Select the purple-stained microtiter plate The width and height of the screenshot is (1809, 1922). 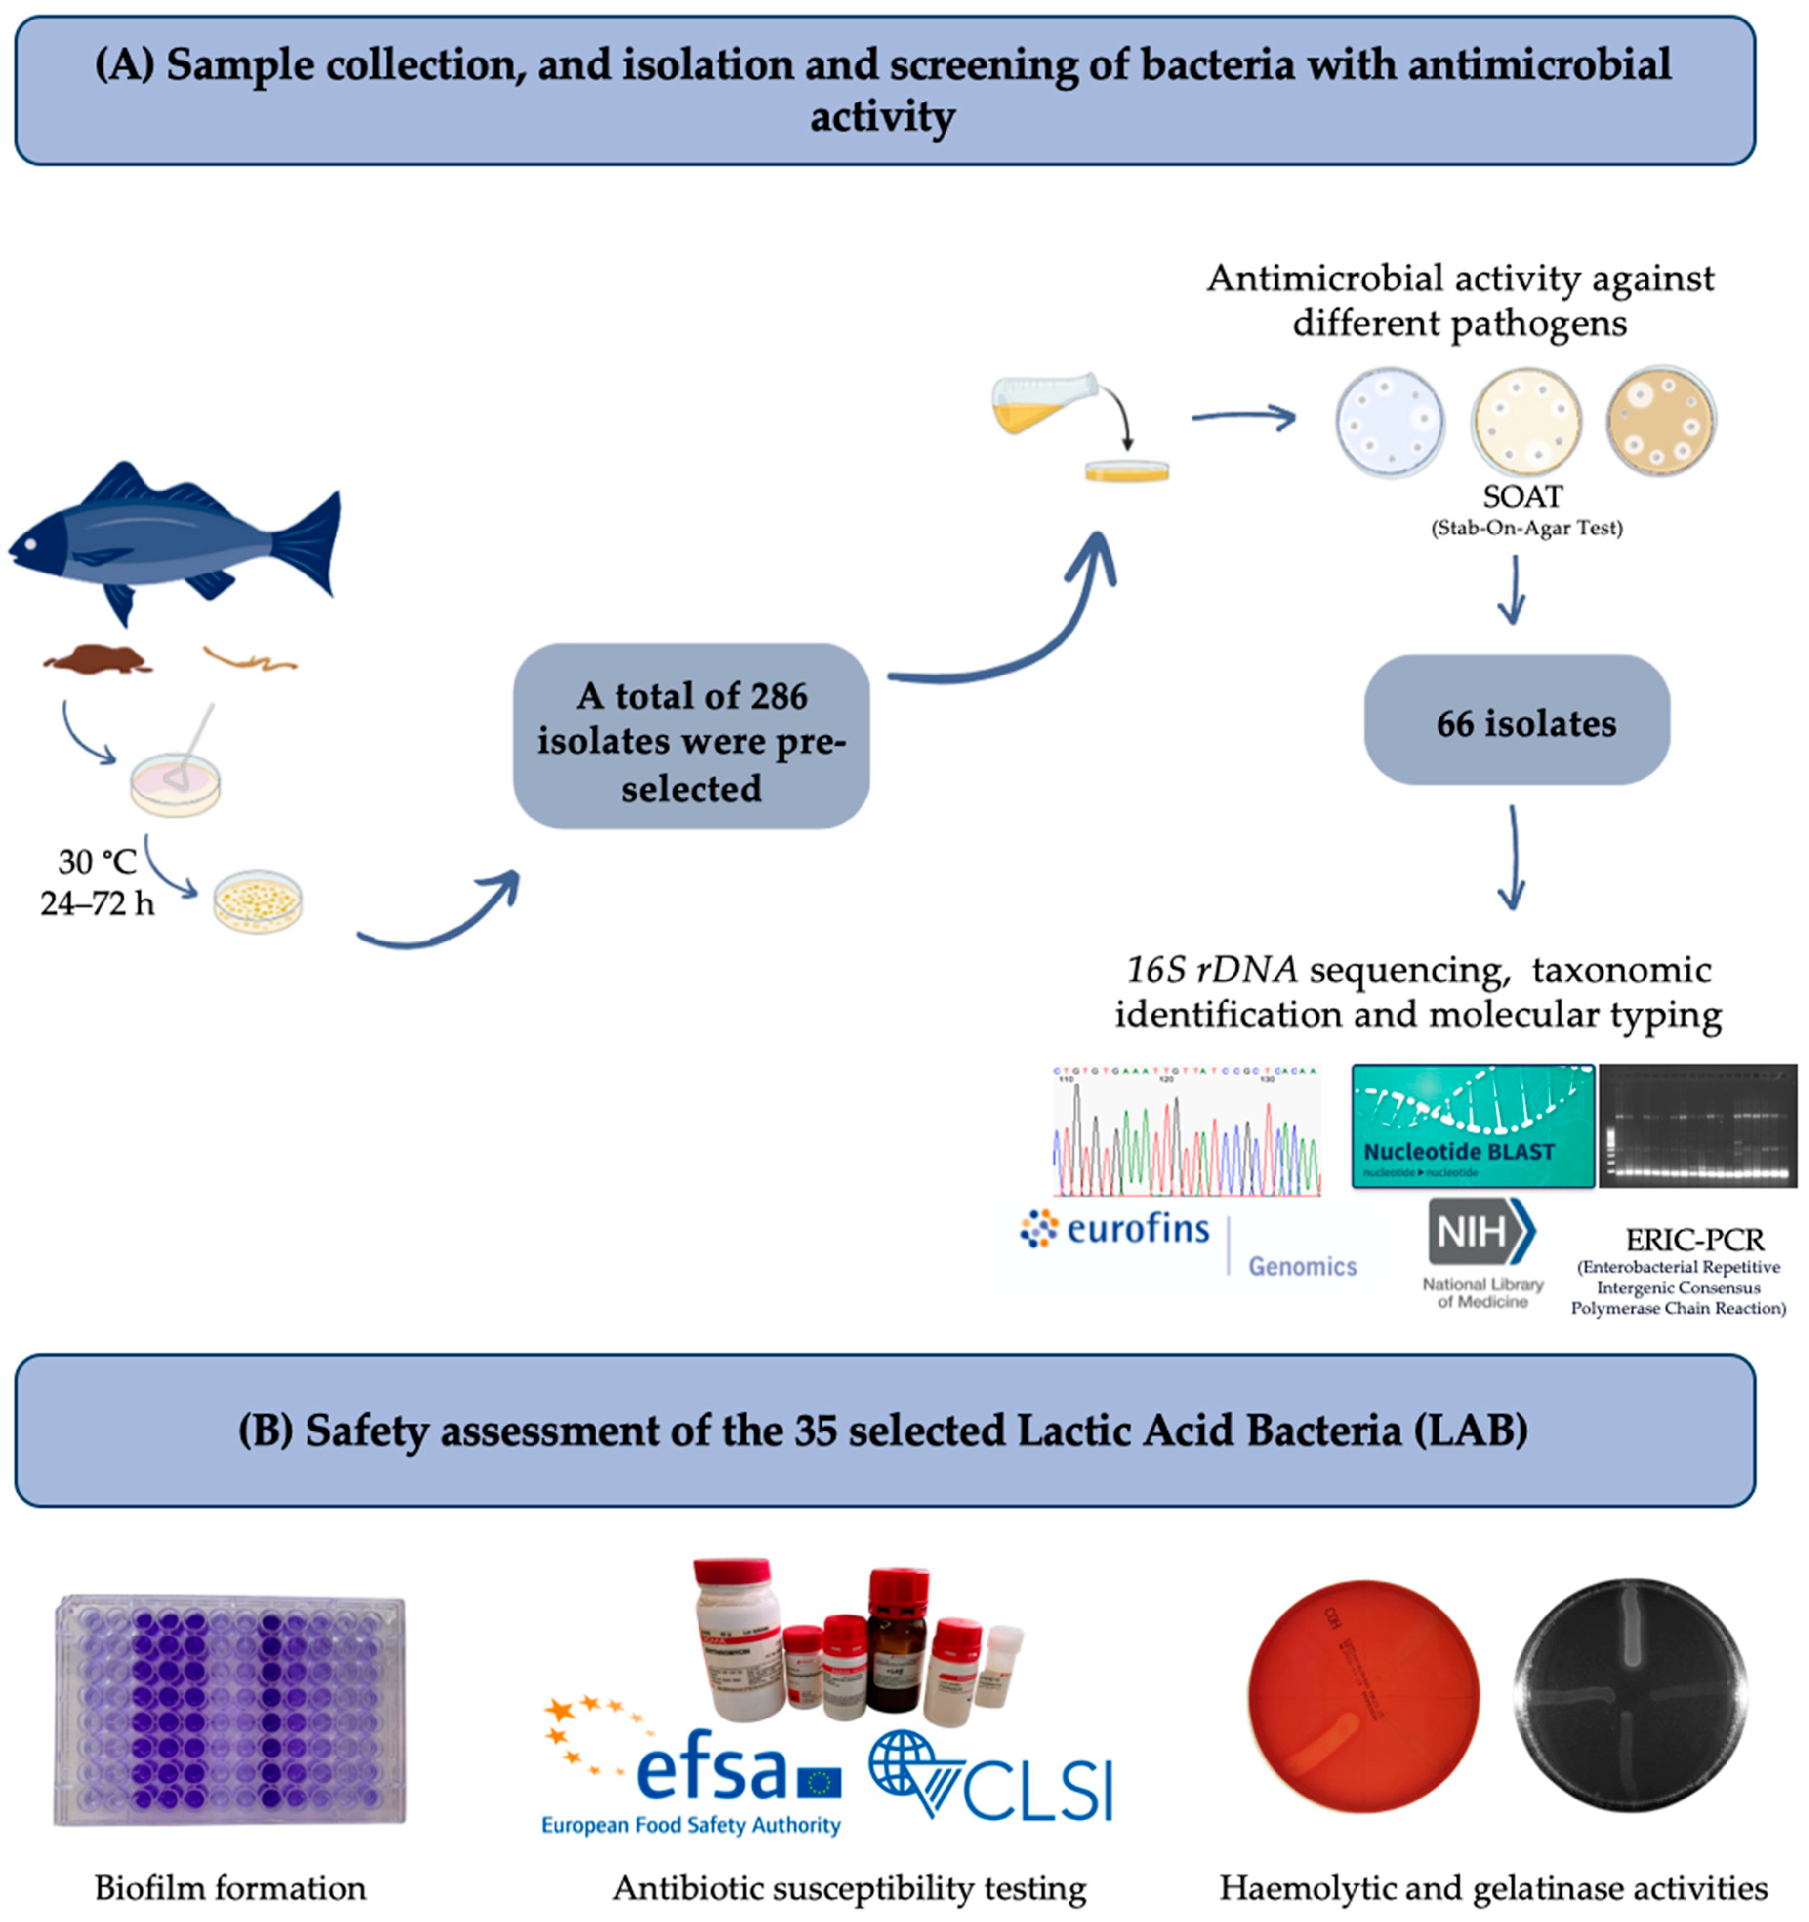click(x=230, y=1709)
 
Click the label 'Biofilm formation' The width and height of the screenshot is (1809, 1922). click(x=230, y=1887)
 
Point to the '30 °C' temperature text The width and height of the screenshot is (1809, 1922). click(x=97, y=861)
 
